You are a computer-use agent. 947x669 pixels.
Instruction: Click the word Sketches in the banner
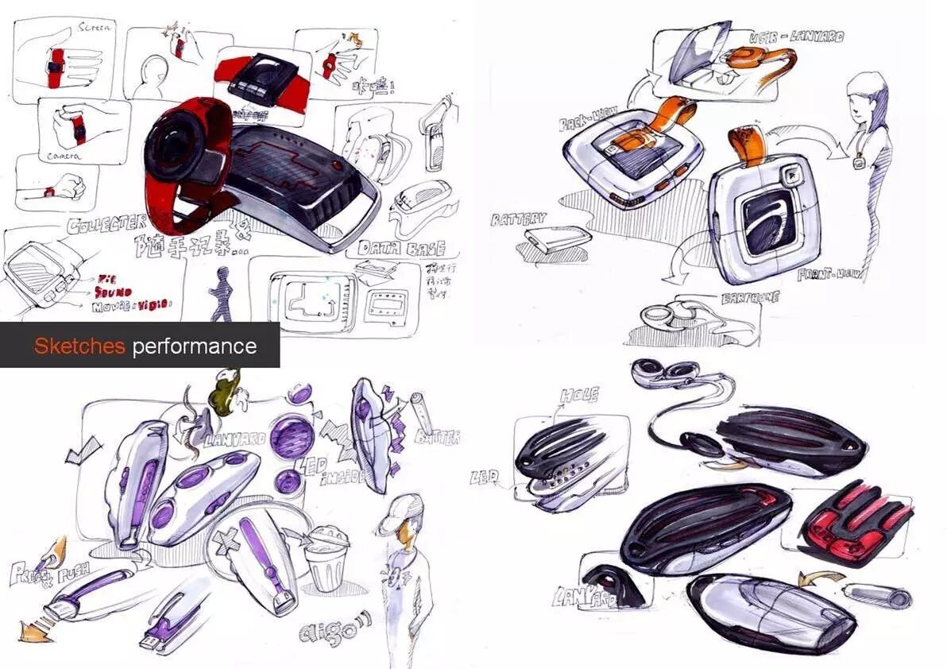79,346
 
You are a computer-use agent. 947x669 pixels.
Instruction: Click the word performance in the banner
195,346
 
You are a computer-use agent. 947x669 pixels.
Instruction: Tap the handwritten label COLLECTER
106,223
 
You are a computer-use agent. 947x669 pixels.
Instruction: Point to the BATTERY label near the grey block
519,218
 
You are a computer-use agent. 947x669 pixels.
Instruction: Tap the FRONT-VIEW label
831,275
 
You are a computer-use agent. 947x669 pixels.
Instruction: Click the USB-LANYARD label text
796,37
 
